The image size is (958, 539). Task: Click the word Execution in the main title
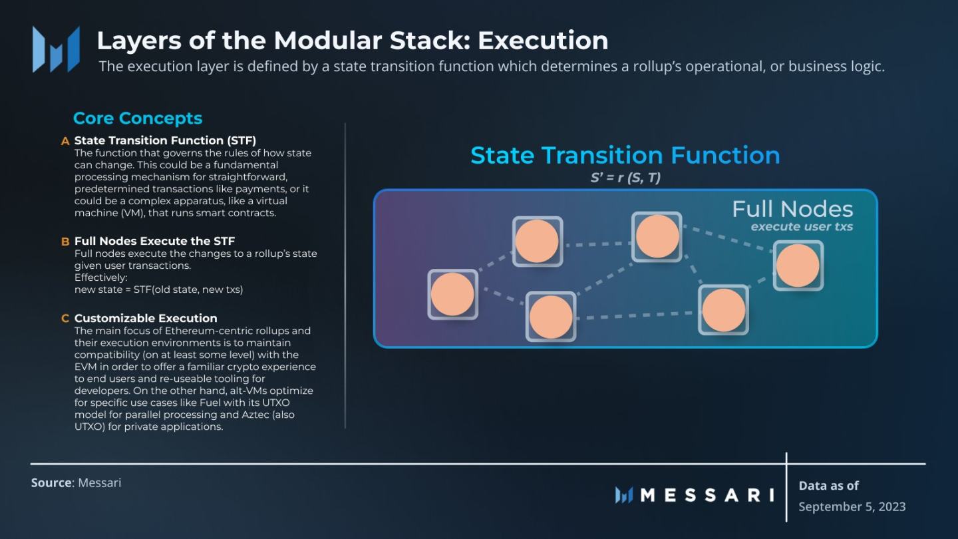tap(543, 41)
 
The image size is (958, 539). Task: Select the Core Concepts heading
tap(138, 118)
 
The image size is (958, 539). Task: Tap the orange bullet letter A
tap(65, 141)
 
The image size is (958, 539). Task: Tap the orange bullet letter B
tap(65, 242)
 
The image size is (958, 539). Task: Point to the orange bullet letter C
tap(65, 319)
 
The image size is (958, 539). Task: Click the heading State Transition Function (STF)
tap(165, 140)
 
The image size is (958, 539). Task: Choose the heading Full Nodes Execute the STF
tap(154, 241)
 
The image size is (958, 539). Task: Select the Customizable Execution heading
tap(146, 318)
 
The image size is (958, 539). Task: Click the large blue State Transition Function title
tap(625, 155)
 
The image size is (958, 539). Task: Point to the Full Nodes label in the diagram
tap(792, 209)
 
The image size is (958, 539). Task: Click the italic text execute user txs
tap(802, 227)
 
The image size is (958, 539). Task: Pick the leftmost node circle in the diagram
tap(452, 294)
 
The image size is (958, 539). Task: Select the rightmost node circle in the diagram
tap(798, 266)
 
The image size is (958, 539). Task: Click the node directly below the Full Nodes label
tap(798, 266)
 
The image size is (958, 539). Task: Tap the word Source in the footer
tap(51, 482)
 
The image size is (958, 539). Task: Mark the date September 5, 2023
tap(852, 506)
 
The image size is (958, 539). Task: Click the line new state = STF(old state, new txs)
tap(158, 289)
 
